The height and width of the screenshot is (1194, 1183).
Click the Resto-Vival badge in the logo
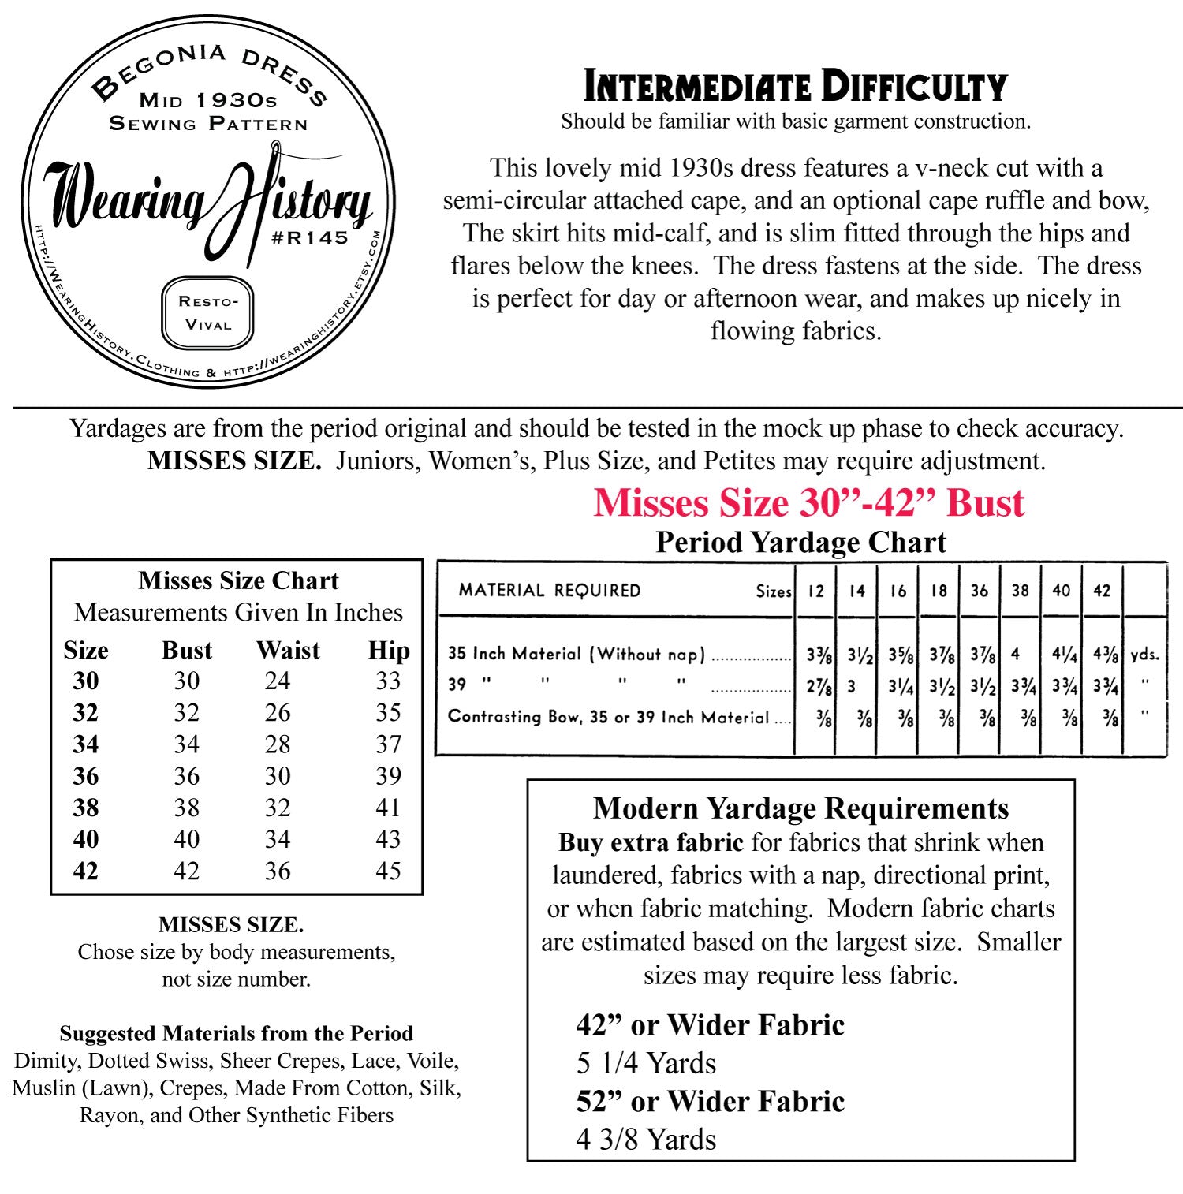tap(207, 312)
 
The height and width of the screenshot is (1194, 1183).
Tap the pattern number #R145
tap(309, 237)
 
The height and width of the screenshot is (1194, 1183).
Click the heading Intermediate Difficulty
tap(795, 87)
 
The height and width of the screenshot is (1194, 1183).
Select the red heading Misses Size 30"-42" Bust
tap(808, 503)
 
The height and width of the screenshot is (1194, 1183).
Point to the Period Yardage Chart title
tap(800, 543)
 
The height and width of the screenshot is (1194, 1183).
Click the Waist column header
tap(288, 651)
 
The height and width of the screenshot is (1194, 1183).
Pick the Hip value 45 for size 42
tap(388, 871)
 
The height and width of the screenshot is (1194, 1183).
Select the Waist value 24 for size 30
tap(278, 681)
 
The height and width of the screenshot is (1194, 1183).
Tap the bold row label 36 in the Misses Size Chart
tap(86, 776)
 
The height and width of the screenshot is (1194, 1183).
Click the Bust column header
tap(187, 651)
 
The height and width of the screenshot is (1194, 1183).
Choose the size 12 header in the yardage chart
tap(815, 591)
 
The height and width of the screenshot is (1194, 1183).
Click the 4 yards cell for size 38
tap(1016, 654)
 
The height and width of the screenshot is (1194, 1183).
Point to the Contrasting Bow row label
tap(608, 717)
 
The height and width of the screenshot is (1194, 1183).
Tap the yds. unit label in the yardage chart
tap(1144, 655)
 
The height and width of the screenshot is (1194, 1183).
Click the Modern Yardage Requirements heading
tap(800, 808)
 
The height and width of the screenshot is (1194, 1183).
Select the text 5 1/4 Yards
tap(646, 1063)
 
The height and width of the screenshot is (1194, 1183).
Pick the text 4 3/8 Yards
tap(646, 1140)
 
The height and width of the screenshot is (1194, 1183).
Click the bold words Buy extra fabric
tap(651, 842)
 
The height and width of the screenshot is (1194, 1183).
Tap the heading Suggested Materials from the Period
tap(236, 1033)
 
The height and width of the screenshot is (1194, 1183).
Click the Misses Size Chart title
tap(238, 581)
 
